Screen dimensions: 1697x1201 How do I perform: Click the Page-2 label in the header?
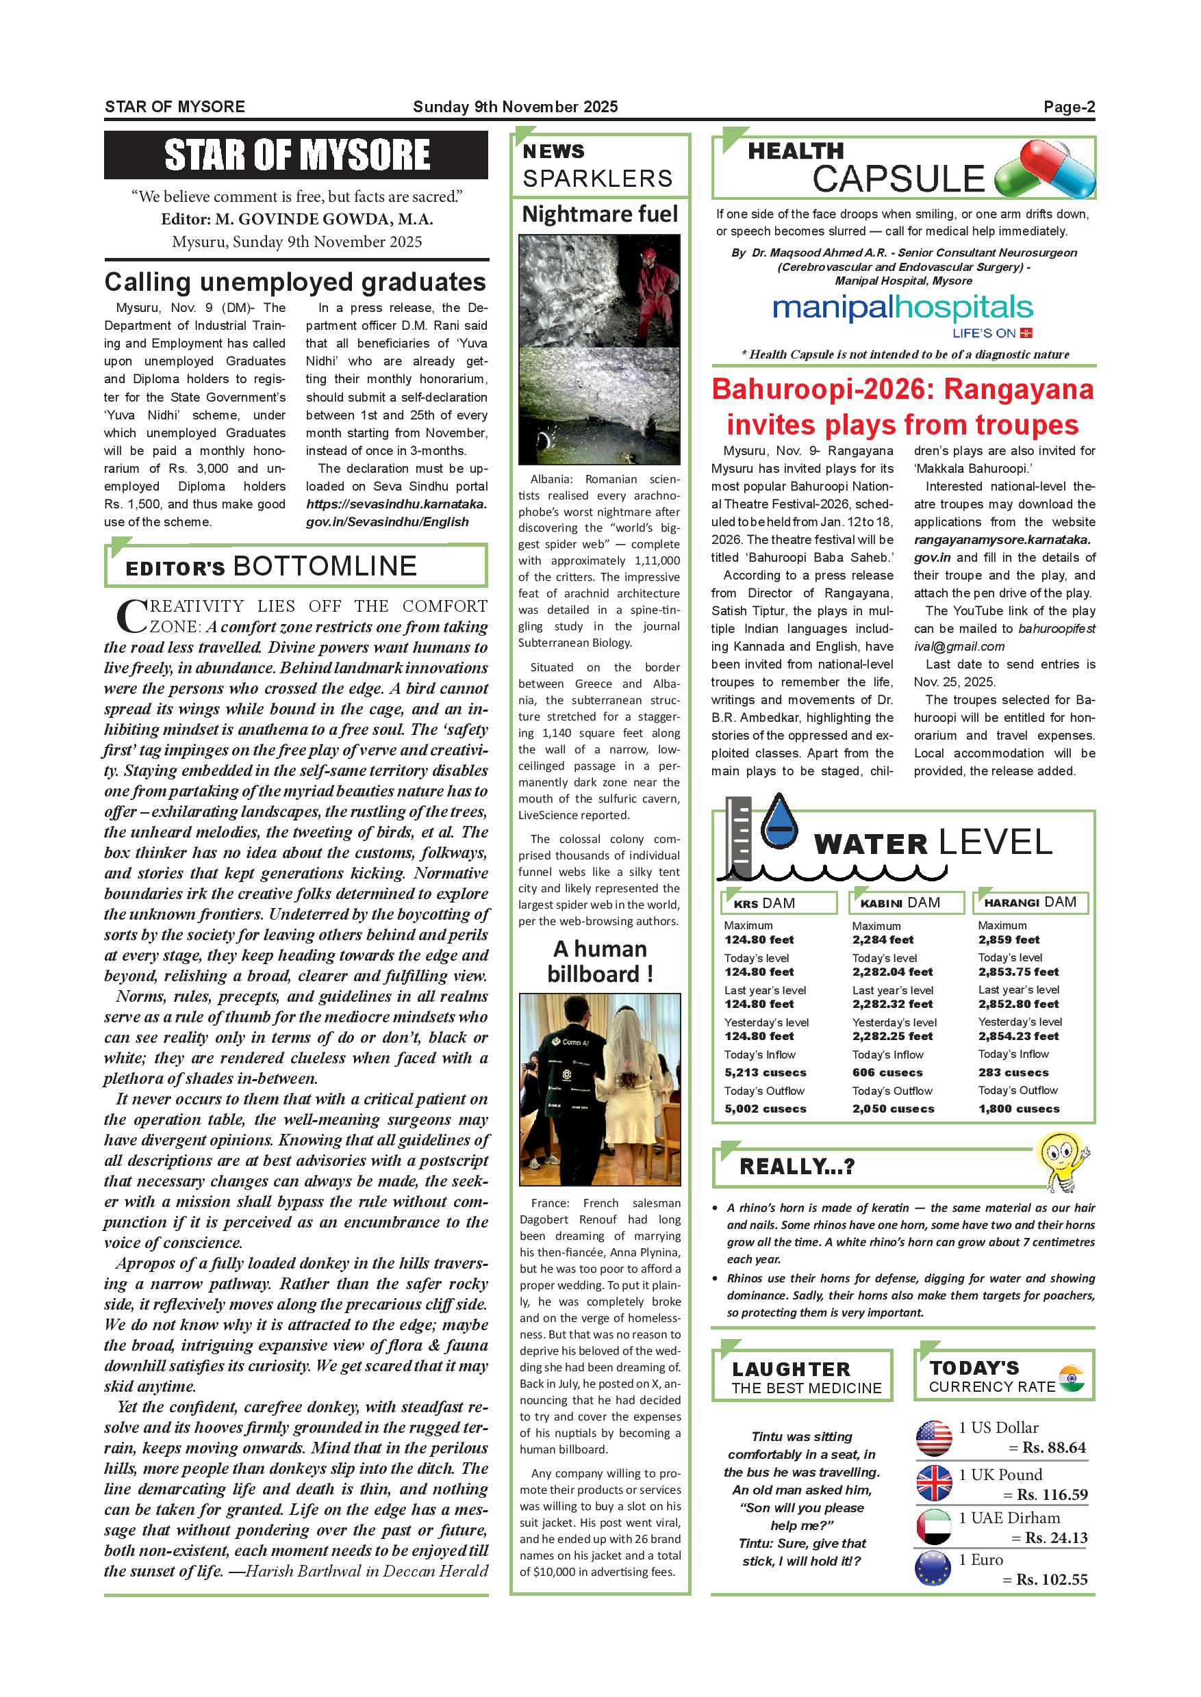pos(1069,107)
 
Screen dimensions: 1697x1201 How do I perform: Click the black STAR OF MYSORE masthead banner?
pos(296,155)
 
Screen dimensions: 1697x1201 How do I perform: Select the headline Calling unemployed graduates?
pos(295,283)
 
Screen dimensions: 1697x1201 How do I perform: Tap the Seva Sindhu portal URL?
pos(396,513)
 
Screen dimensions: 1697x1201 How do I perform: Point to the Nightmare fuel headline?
pos(600,214)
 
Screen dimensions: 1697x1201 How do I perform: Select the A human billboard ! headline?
pos(600,961)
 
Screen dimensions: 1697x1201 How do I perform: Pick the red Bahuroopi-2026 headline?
pos(902,406)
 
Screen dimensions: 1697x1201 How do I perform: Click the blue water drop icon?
pos(779,820)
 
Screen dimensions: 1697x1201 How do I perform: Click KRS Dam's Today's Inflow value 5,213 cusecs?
pos(766,1072)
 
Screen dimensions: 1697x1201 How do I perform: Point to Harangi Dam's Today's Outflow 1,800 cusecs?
pos(1018,1109)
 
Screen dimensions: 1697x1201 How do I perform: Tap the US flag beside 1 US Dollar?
pos(933,1438)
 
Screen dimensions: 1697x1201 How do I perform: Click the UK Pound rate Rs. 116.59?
pos(1052,1494)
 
